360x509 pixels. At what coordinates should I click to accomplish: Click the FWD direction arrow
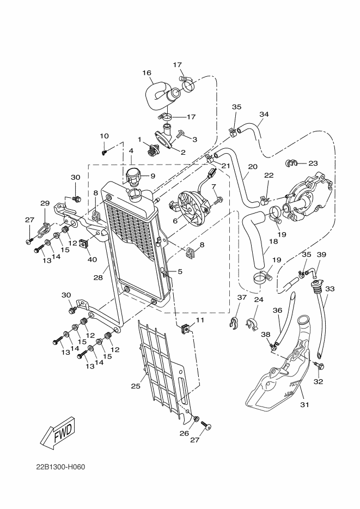click(x=59, y=432)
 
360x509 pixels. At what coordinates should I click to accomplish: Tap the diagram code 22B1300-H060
click(x=60, y=468)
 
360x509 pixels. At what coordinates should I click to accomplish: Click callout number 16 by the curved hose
click(x=147, y=72)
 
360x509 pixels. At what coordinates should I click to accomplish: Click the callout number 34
click(x=264, y=114)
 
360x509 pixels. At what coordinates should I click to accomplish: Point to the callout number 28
click(x=98, y=277)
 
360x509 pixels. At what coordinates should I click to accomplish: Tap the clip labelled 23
click(x=291, y=163)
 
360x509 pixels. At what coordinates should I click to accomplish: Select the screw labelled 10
click(x=105, y=152)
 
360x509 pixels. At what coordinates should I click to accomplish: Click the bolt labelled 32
click(x=320, y=366)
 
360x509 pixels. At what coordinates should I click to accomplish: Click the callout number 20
click(x=253, y=167)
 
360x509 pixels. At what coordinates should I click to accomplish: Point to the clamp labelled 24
click(x=253, y=324)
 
